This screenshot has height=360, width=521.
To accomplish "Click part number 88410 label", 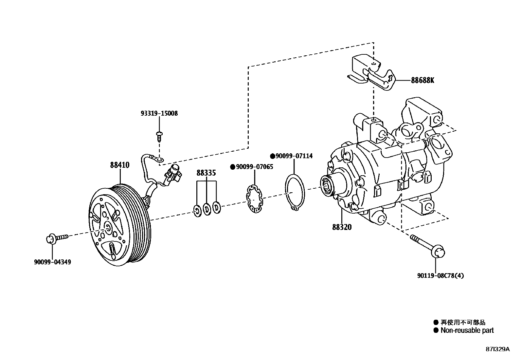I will (119, 165).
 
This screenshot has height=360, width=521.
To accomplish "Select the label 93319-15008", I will (159, 114).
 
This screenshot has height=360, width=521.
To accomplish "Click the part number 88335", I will (206, 173).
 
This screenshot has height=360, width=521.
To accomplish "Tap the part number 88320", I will (342, 227).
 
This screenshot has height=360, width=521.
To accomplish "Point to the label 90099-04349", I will (52, 262).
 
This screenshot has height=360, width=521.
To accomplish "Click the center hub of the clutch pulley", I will (108, 226).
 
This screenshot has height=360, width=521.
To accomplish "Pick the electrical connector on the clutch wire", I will (174, 173).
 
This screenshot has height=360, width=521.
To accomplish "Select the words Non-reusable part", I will (467, 331).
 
